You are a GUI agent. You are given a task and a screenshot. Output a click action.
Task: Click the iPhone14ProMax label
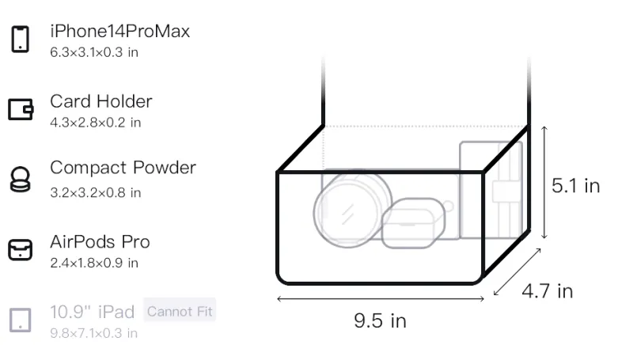tap(120, 32)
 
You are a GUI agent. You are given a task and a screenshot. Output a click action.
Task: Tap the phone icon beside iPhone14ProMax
tap(21, 39)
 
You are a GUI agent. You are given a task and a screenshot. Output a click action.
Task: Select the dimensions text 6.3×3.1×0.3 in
tap(94, 52)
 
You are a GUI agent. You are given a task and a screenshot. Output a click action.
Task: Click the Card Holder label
tap(101, 101)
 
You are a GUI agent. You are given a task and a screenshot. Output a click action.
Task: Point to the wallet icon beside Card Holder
tap(21, 109)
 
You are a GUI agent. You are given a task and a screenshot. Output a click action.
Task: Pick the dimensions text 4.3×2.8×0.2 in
tap(95, 123)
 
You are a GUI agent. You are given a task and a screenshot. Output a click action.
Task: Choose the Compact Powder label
tap(123, 168)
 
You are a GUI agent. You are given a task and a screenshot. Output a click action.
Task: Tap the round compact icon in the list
tap(21, 179)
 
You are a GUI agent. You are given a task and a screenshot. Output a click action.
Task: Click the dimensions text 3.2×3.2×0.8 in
tap(95, 193)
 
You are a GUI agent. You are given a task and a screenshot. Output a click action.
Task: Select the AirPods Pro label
tap(100, 242)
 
